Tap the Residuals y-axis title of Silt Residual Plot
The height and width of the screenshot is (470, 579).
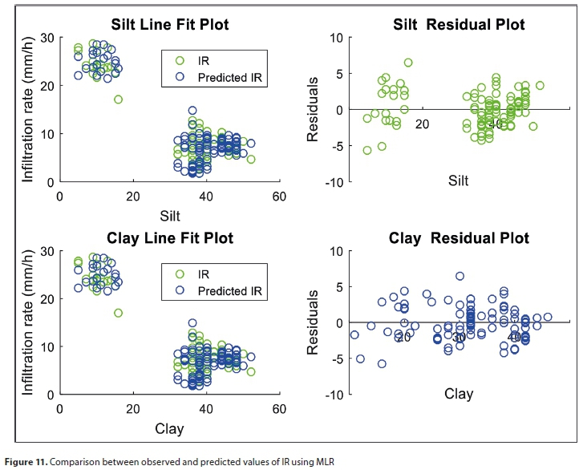tap(314, 110)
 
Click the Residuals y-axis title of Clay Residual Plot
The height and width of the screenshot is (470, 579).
tap(314, 322)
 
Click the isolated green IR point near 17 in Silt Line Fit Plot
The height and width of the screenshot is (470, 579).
tap(118, 99)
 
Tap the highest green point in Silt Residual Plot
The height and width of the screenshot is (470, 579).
tap(407, 63)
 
